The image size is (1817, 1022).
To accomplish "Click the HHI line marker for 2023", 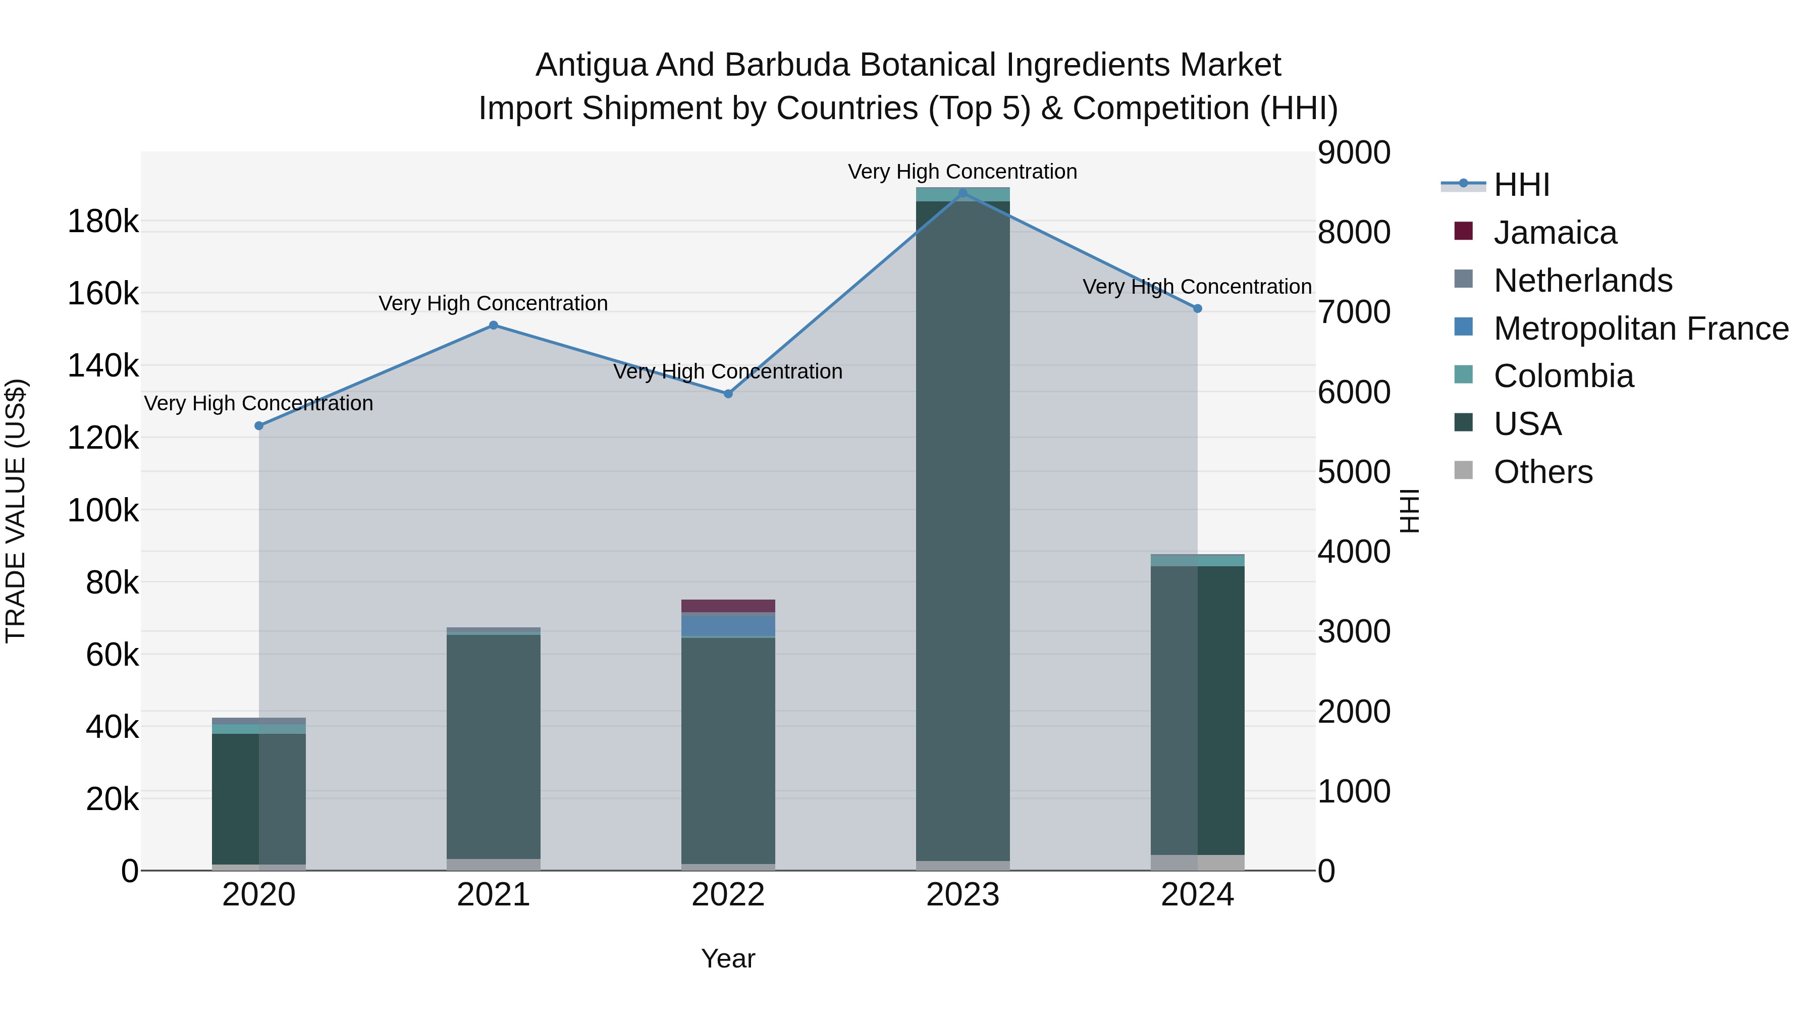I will point(963,193).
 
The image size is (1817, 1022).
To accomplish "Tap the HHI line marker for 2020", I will point(259,425).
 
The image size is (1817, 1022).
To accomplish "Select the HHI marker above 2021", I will point(494,325).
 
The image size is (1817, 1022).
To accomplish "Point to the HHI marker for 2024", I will point(1197,308).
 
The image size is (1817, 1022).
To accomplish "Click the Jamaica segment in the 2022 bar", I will point(728,605).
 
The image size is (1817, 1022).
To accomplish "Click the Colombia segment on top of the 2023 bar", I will point(963,194).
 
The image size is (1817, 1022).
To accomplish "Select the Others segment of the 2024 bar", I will point(1197,862).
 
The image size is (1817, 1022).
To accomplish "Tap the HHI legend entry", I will point(1521,185).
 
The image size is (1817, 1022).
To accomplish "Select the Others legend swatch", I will point(1464,470).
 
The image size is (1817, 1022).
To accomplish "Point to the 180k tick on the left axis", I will point(103,222).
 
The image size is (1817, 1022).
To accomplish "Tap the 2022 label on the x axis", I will point(728,895).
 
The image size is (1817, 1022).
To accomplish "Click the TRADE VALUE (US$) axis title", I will point(16,511).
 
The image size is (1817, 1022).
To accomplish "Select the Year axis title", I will point(728,958).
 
